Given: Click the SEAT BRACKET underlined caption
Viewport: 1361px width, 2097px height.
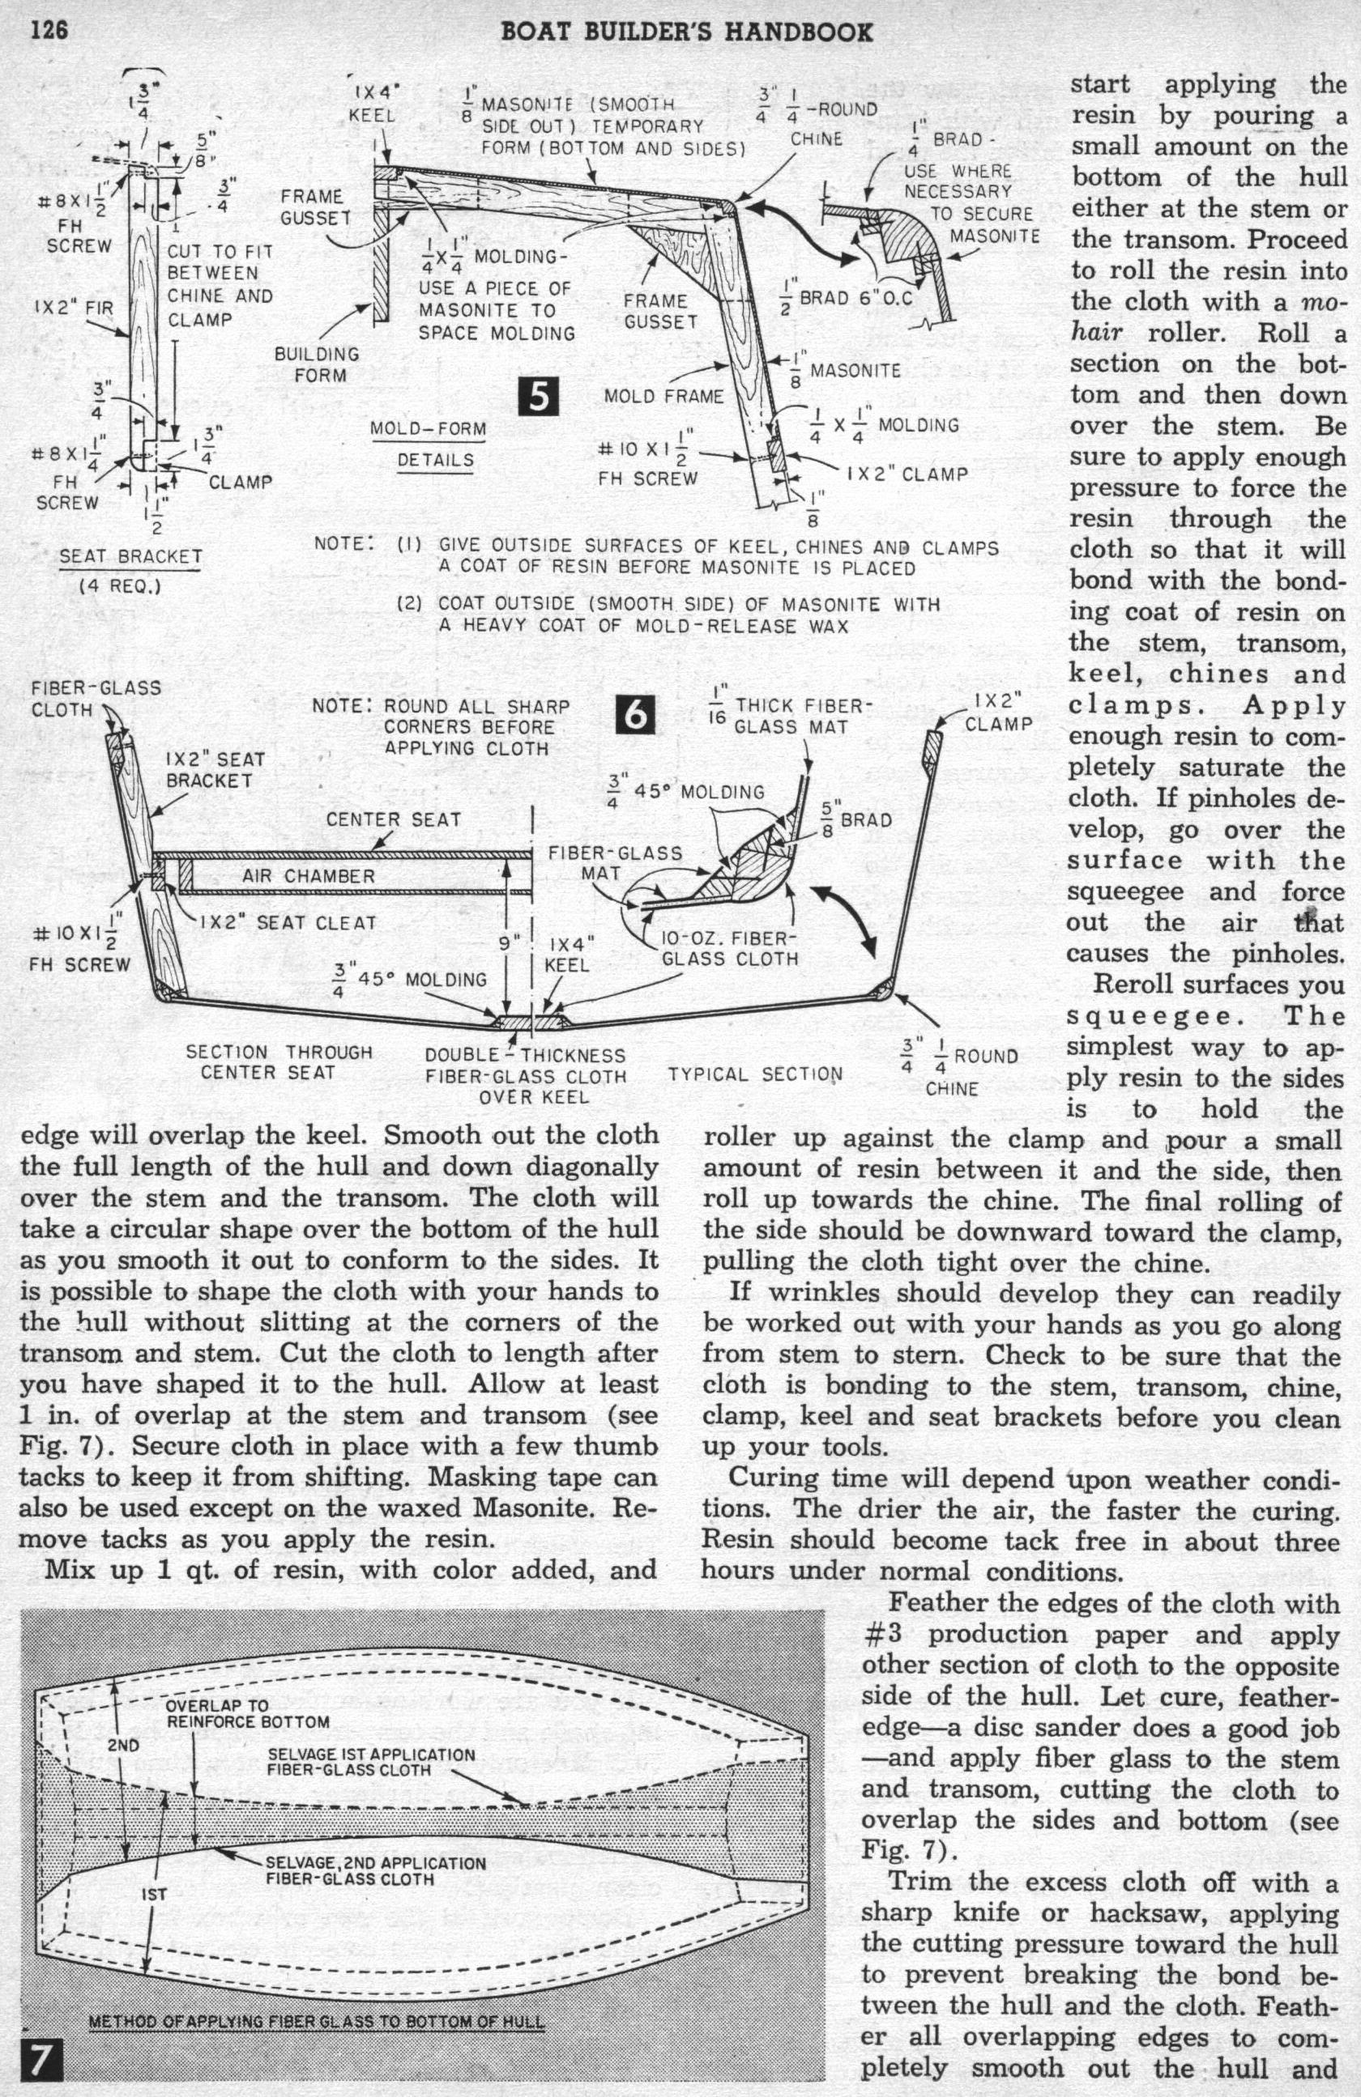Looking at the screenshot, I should (130, 558).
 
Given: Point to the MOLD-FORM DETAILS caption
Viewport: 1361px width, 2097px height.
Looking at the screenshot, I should (429, 445).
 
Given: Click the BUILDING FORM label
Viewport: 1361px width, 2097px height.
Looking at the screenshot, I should (318, 364).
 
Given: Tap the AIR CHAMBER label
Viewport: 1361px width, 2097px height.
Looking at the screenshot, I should (309, 876).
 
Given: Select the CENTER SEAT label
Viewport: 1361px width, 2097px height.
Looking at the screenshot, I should (393, 819).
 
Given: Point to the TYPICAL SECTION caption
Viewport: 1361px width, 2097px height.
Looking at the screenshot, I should (754, 1074).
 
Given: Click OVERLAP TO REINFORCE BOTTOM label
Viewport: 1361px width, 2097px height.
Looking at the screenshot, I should (248, 1714).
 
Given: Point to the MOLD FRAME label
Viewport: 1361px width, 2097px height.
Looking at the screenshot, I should (663, 397).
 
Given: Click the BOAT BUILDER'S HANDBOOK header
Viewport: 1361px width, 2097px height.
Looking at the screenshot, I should (687, 32).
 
